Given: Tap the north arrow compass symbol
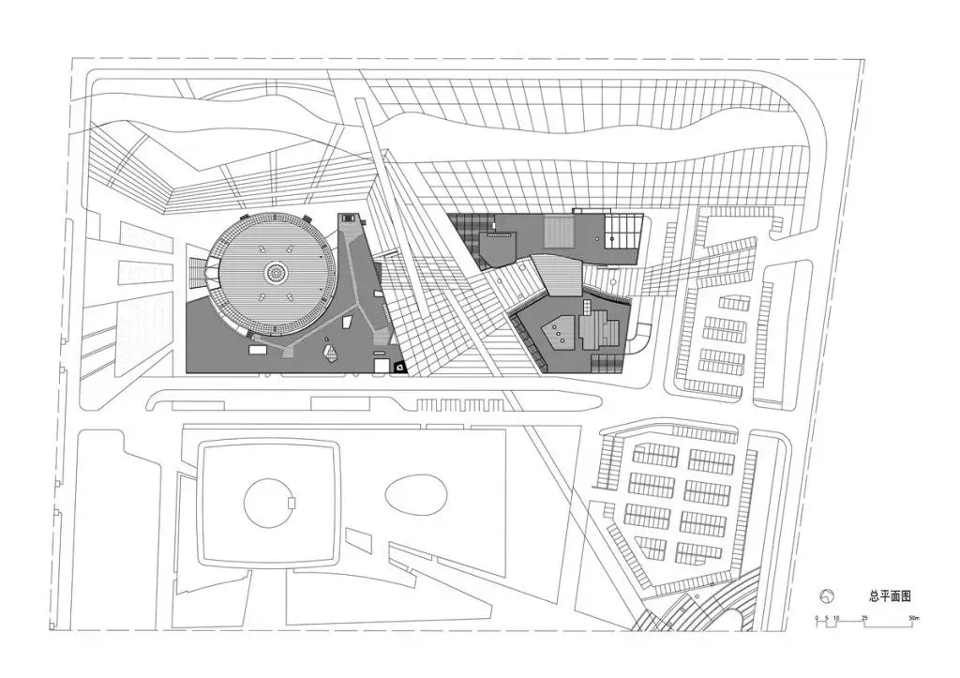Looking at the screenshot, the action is pos(827,596).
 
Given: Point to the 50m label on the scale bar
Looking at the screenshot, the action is pos(913,618).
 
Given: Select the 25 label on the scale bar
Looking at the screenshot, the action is pos(864,618).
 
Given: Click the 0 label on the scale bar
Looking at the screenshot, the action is pos(817,618).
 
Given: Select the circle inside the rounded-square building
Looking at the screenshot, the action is pos(269,504).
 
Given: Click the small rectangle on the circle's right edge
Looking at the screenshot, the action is pos(292,503).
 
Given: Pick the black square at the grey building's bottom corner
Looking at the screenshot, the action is pos(399,367).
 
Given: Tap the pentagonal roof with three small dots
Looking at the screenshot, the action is pos(559,332).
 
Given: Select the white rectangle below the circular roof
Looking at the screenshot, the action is pos(255,349).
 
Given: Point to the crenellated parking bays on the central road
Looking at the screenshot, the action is pos(460,405).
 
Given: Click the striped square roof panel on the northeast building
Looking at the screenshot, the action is pos(559,231).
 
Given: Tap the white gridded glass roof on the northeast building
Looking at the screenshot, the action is pos(623,231).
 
